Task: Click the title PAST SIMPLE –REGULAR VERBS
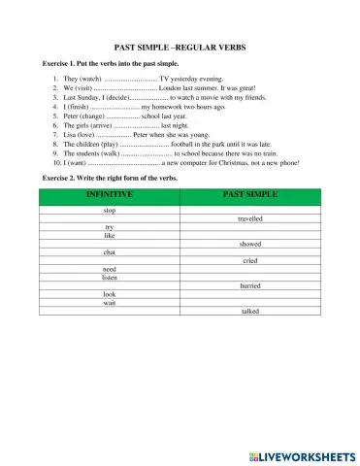pos(180,46)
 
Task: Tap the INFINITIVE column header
pos(110,195)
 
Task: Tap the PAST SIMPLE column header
pos(249,195)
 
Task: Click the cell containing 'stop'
pos(110,210)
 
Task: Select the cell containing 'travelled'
pos(249,218)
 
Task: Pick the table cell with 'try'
pos(110,227)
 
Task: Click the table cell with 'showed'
pos(249,244)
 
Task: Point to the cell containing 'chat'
pos(110,252)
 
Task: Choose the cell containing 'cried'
pos(249,261)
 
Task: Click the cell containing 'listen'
pos(110,278)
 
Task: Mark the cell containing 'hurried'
pos(249,286)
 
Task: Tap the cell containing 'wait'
pos(110,303)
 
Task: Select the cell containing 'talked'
pos(249,312)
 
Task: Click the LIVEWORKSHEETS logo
pos(302,454)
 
